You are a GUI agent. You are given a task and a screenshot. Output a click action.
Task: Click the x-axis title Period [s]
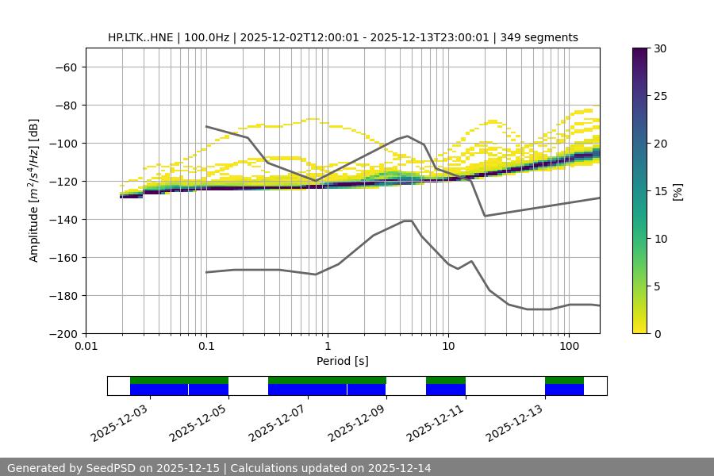[x=343, y=361]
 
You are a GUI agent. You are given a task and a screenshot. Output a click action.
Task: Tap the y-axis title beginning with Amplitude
[x=34, y=190]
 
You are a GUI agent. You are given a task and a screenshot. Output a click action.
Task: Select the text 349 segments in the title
[x=545, y=37]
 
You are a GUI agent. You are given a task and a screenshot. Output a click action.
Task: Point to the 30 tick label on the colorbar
[x=659, y=48]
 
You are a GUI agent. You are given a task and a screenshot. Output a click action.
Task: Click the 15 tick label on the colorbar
[x=659, y=191]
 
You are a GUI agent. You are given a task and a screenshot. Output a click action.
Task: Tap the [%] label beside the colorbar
[x=678, y=191]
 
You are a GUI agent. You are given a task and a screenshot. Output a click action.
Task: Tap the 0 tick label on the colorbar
[x=656, y=334]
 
